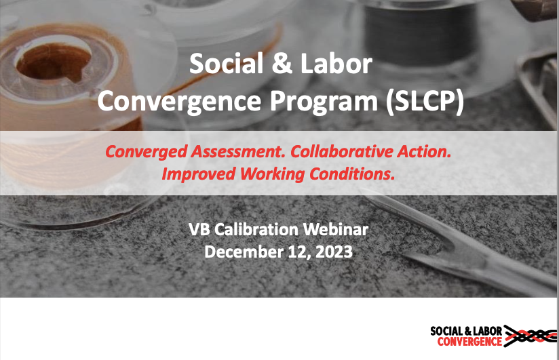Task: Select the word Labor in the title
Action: (336, 64)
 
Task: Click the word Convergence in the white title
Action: (179, 101)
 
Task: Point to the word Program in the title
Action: (324, 102)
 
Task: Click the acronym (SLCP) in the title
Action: (425, 102)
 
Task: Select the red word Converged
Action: (146, 152)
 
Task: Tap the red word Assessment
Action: (239, 151)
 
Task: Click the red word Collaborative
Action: (341, 151)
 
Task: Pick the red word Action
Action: (424, 151)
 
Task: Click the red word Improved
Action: (199, 174)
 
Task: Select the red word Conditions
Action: (352, 174)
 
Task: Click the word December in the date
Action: (243, 252)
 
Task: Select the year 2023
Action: (334, 252)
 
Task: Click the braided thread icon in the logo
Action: (530, 336)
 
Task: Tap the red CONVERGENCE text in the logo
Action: (469, 342)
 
